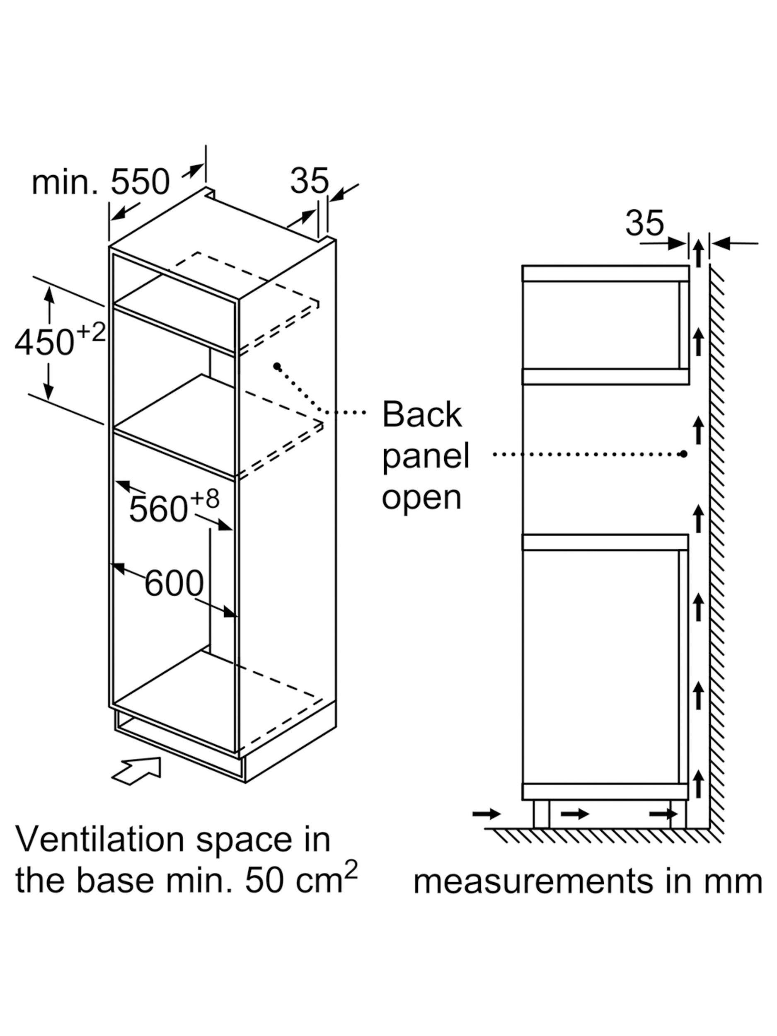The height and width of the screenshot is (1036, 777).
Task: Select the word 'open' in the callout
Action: coord(422,499)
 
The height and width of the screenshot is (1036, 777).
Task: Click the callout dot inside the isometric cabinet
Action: coord(277,366)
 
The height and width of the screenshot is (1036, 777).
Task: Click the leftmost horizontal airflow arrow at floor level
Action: coord(487,814)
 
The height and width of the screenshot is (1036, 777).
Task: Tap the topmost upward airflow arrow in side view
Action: coord(698,253)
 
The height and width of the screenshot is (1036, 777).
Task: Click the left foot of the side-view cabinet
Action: coord(540,814)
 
